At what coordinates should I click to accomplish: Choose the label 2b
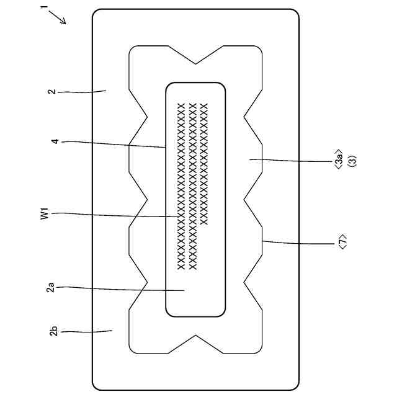coord(54,331)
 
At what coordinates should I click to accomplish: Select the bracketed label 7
coord(342,243)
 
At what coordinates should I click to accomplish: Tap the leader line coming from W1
coord(118,215)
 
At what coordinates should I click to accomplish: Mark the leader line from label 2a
coord(118,288)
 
